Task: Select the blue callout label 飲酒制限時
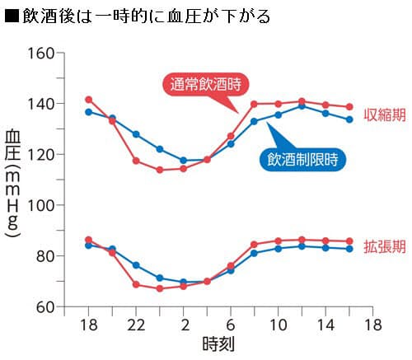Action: point(304,159)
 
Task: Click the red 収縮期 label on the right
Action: point(383,113)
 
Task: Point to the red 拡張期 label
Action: point(383,245)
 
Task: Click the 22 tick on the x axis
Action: point(137,325)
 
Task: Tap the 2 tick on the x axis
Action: point(185,325)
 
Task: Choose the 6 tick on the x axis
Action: point(232,325)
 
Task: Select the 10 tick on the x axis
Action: point(279,325)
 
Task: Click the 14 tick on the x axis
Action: point(326,325)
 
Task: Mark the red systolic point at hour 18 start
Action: point(89,100)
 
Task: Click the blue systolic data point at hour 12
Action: point(302,106)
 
